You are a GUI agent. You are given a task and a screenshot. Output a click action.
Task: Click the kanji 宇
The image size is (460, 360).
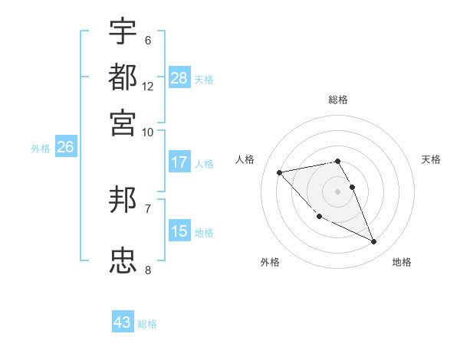click(123, 31)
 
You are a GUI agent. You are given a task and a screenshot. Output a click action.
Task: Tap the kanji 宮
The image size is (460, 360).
click(123, 122)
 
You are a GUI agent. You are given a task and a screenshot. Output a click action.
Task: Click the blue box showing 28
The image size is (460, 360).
click(179, 78)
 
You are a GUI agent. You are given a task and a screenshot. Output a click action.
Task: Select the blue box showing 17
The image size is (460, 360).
click(179, 162)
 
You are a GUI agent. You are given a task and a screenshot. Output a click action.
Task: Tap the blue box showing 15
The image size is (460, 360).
click(179, 231)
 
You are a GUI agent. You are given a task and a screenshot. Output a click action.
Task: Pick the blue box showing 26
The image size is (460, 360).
click(65, 148)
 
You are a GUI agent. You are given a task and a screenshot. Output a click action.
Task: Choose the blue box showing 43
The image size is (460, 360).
click(123, 322)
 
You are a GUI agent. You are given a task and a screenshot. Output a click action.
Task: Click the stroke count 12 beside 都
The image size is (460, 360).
click(148, 86)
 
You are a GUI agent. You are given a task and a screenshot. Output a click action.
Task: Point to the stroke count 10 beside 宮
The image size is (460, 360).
click(148, 132)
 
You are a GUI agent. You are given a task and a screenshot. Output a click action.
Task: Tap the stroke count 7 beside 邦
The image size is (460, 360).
click(148, 208)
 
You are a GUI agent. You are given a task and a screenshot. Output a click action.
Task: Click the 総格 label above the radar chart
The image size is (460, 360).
click(337, 100)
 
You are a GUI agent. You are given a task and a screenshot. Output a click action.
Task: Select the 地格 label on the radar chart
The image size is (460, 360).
click(402, 262)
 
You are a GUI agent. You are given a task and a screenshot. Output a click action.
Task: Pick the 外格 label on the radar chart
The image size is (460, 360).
click(270, 262)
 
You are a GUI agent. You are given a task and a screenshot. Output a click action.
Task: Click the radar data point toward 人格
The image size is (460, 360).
click(280, 172)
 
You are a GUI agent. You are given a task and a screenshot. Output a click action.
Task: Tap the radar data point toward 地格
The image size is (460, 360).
click(374, 242)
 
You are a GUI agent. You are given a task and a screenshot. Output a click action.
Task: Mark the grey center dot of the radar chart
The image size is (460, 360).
click(337, 191)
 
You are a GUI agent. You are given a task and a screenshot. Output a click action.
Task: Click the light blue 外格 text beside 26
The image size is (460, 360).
click(41, 149)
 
